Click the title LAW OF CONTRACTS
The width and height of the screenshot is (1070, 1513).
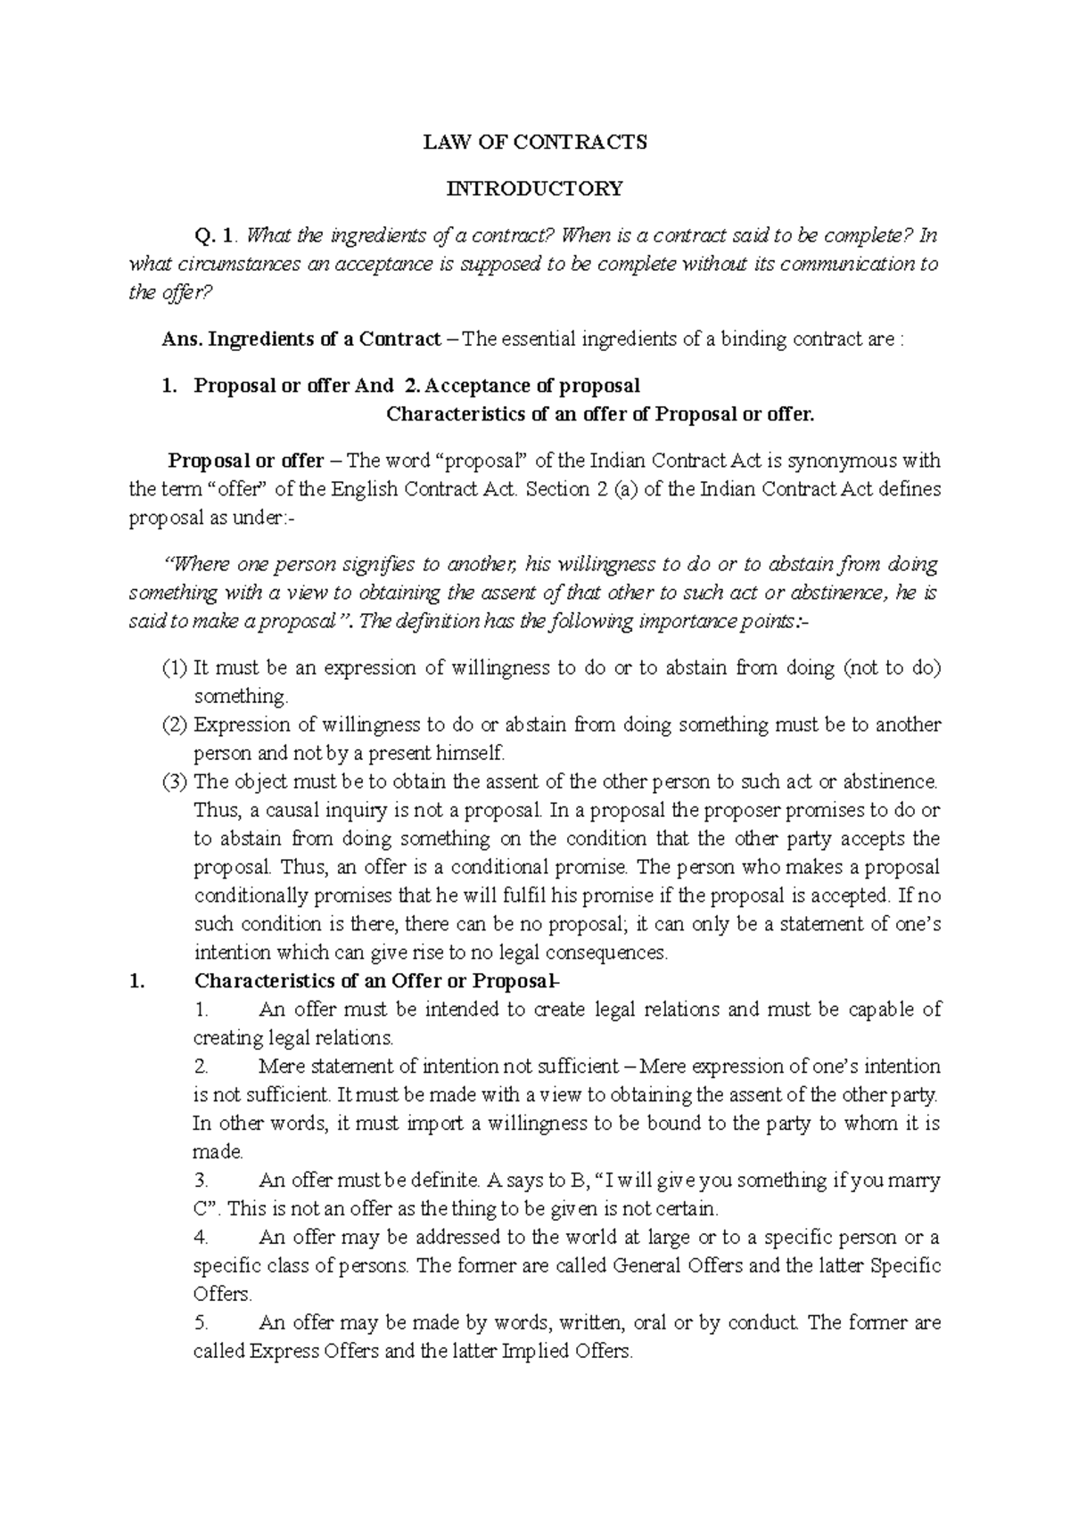point(534,142)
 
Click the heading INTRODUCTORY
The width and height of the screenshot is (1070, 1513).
point(534,188)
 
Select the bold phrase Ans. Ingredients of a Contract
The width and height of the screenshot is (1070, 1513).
point(301,339)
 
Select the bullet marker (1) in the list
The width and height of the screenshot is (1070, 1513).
point(176,667)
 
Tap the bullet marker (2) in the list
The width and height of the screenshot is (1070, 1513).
point(176,724)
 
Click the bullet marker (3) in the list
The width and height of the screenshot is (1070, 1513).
point(176,781)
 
